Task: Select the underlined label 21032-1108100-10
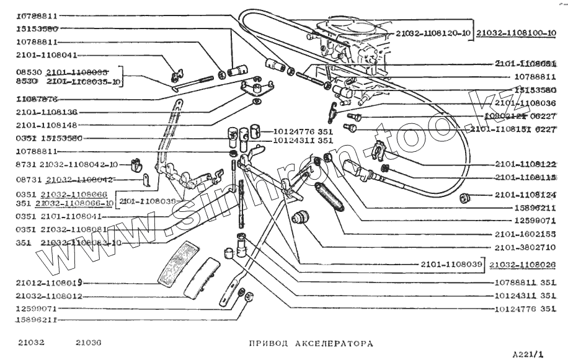(516, 32)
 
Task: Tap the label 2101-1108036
(525, 103)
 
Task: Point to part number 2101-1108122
(525, 164)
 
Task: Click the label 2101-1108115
(525, 178)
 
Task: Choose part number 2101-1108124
(525, 196)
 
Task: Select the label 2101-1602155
(525, 234)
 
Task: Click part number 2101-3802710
(525, 247)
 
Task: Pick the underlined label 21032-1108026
(522, 265)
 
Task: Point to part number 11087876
(37, 99)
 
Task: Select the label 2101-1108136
(47, 112)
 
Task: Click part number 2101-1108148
(47, 125)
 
